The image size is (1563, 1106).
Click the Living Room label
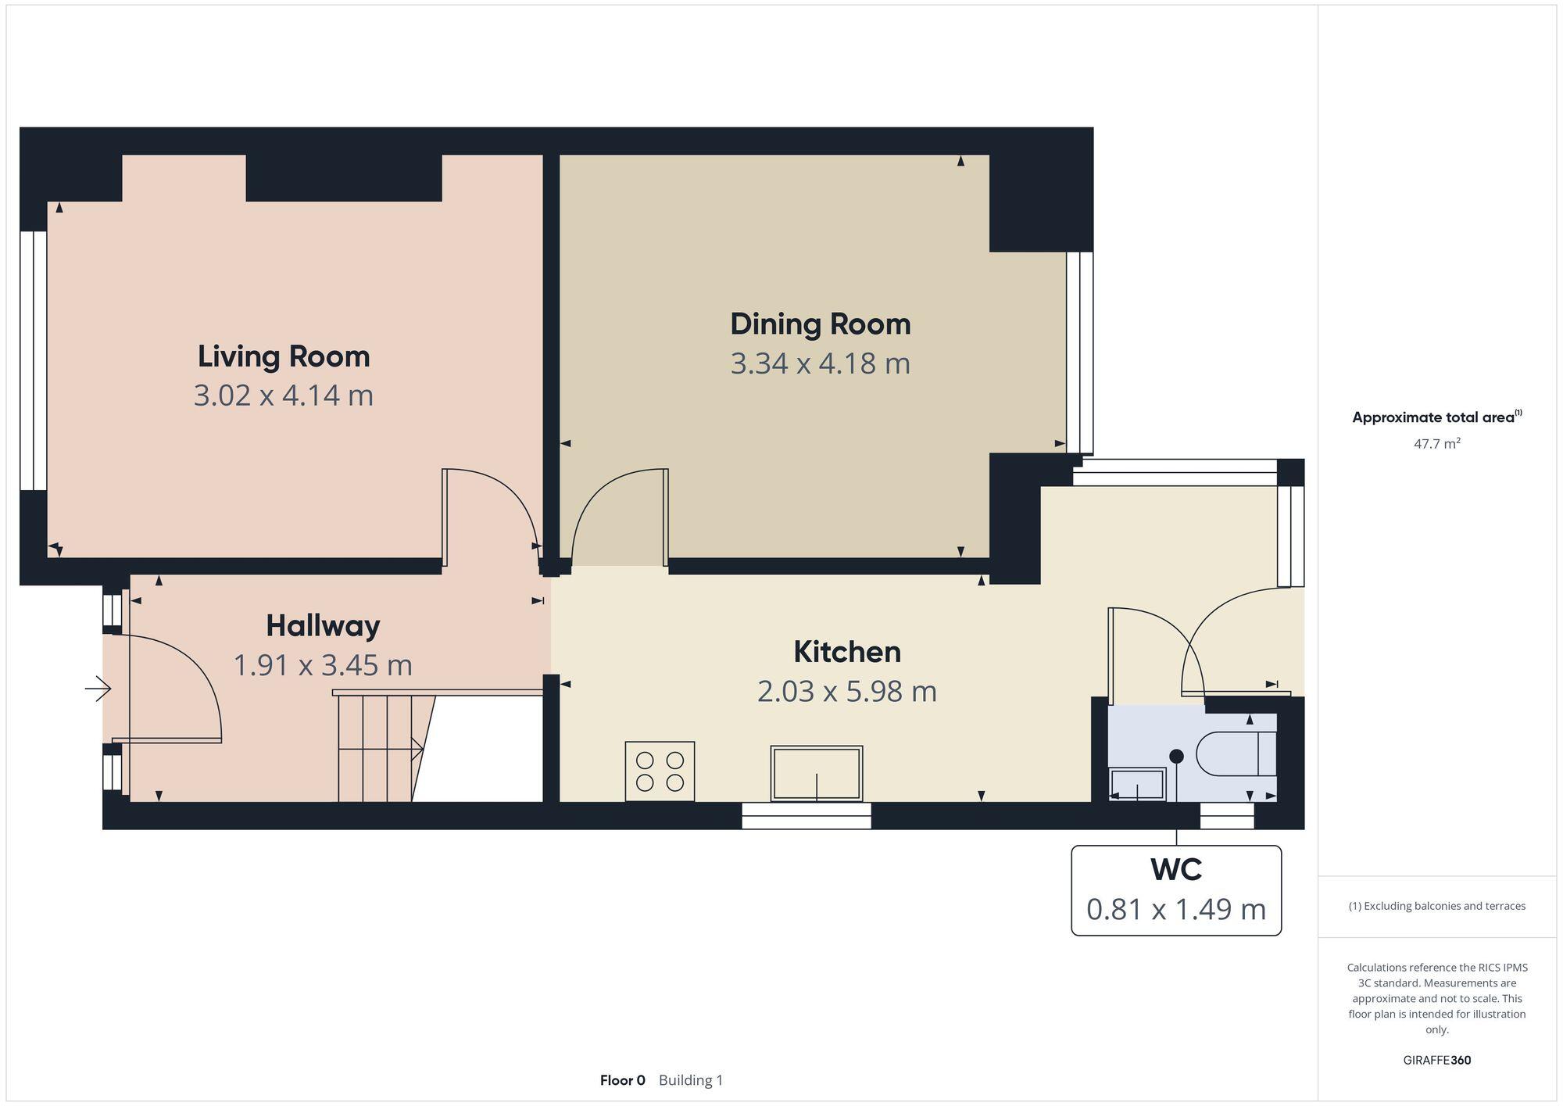[284, 356]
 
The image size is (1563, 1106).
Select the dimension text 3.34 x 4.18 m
[820, 364]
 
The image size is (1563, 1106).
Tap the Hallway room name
[323, 626]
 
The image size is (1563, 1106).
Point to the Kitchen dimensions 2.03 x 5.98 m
[846, 692]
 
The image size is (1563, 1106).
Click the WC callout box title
[1175, 869]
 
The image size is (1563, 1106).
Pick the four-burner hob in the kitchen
[660, 771]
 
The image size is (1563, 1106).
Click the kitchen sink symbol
[817, 773]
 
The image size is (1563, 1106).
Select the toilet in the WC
[1235, 754]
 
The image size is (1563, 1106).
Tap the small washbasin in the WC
[1138, 784]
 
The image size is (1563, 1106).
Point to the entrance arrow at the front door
[98, 689]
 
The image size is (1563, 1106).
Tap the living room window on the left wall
[34, 360]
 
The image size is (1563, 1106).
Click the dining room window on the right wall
[1079, 353]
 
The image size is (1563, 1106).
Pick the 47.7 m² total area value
[1436, 444]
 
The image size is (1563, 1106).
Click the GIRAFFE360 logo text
[1436, 1061]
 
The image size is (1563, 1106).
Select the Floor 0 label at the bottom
[622, 1080]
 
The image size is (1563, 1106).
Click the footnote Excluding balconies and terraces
[1436, 907]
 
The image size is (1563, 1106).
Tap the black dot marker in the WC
[1176, 756]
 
